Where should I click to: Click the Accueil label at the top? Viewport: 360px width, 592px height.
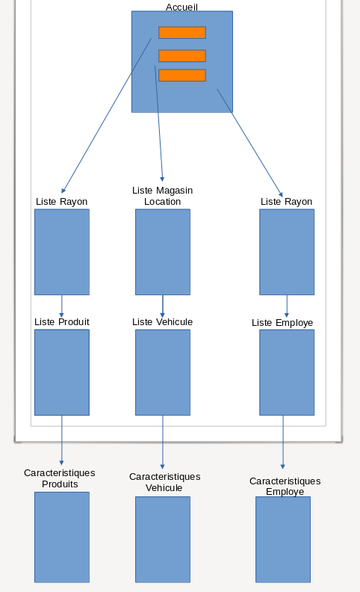coord(181,7)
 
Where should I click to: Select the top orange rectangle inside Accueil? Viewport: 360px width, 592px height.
coord(182,32)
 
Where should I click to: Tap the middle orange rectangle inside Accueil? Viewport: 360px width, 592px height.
coord(182,56)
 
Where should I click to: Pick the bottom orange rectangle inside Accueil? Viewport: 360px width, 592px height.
coord(182,75)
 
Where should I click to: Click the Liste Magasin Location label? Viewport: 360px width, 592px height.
coord(162,196)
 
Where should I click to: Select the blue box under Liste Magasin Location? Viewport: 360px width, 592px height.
coord(163,252)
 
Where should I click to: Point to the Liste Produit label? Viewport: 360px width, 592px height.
coord(62,322)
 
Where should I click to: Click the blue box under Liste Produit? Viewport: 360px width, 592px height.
coord(62,372)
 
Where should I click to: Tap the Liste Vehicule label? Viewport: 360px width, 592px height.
coord(162,322)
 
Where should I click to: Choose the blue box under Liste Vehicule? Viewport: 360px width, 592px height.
coord(163,372)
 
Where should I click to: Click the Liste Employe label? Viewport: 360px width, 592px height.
coord(282,323)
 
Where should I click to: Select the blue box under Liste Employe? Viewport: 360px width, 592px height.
coord(287,372)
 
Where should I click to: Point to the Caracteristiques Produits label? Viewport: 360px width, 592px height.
coord(60,478)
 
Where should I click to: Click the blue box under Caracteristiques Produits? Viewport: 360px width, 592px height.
coord(62,537)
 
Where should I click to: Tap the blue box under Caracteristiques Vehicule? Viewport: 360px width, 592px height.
coord(163,540)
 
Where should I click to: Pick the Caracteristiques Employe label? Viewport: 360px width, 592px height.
coord(285,487)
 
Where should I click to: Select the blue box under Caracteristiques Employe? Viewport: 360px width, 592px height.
coord(283,540)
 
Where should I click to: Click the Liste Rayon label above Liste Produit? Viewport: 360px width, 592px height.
coord(61,202)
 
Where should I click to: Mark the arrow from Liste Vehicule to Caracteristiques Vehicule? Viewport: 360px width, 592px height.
coord(163,442)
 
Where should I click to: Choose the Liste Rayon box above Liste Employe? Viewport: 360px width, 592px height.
coord(287,252)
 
